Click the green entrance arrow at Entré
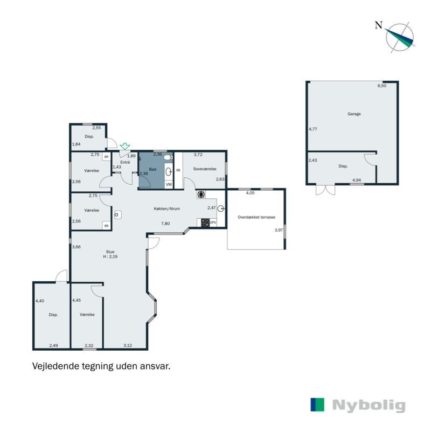(x=125, y=146)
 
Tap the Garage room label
(x=354, y=114)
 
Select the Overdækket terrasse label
(x=256, y=217)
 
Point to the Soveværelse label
(x=205, y=169)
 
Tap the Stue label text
(x=110, y=251)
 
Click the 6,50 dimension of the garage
(x=382, y=86)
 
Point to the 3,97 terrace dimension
(x=279, y=230)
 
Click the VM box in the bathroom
(x=169, y=185)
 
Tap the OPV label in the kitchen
(x=213, y=223)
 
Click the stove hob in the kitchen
(x=205, y=222)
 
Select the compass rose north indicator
(x=400, y=37)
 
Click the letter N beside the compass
(x=379, y=25)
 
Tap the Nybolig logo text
(x=369, y=406)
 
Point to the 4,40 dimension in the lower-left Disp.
(x=39, y=301)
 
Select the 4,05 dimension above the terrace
(x=250, y=192)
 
